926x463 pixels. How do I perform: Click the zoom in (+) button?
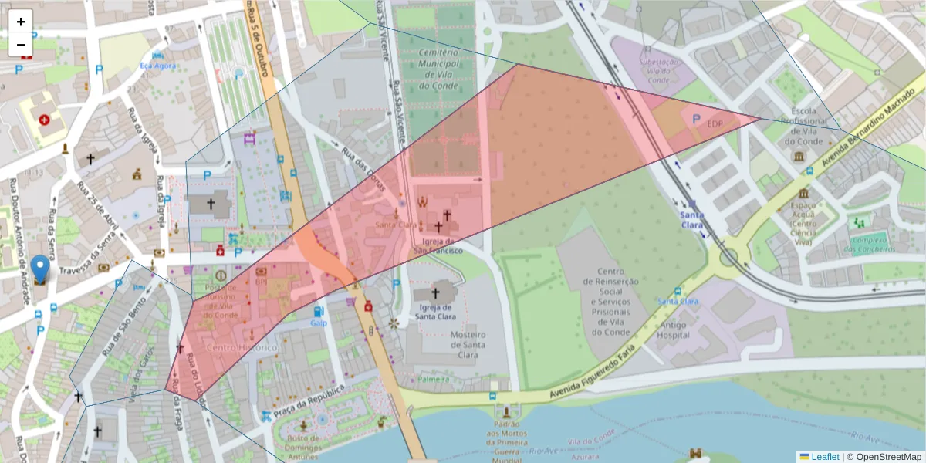click(21, 22)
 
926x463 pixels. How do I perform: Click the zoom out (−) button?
click(21, 45)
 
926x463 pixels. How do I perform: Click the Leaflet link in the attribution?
click(824, 456)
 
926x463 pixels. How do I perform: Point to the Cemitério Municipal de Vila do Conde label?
click(438, 69)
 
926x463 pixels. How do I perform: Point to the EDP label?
click(715, 123)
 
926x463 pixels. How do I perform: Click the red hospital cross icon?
click(44, 120)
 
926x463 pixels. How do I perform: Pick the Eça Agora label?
click(157, 66)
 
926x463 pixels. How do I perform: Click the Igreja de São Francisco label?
click(438, 245)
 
